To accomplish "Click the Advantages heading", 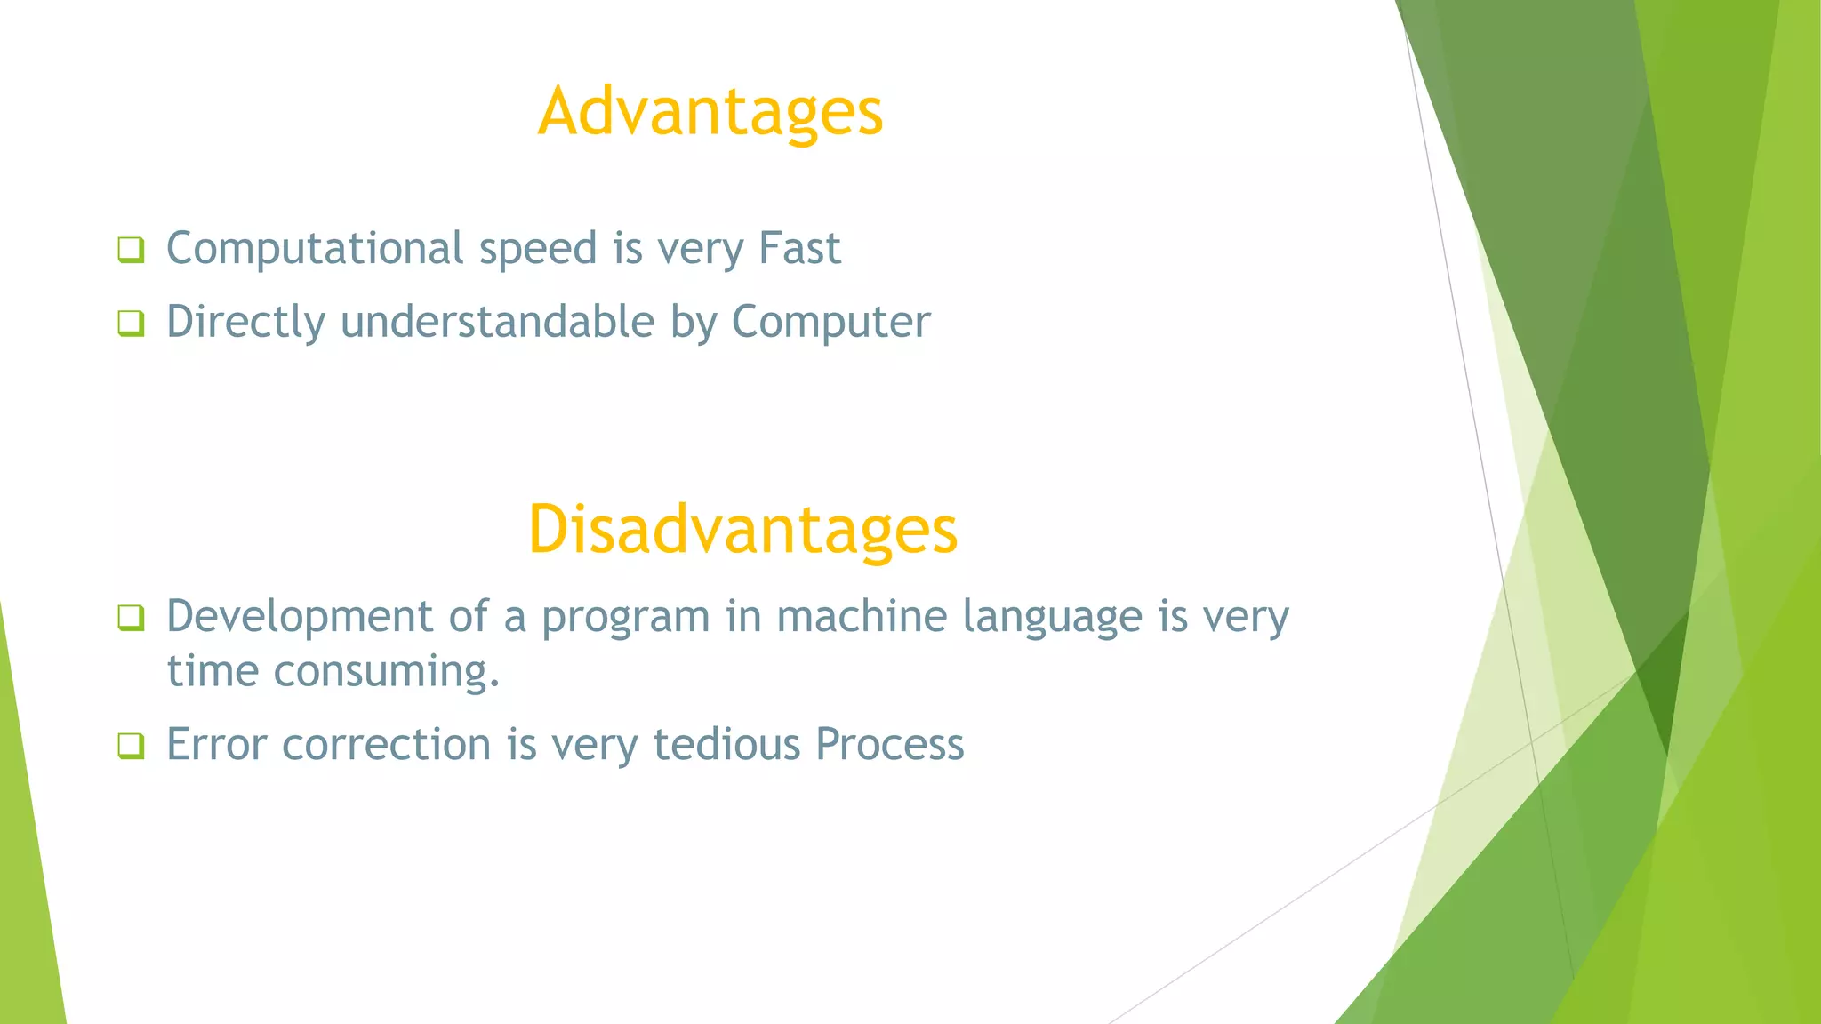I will [710, 112].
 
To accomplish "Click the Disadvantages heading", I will [742, 530].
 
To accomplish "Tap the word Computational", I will [315, 248].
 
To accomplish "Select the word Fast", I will [799, 248].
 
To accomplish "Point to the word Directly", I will [245, 323].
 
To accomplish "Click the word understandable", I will [498, 322].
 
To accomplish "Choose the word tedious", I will [726, 744].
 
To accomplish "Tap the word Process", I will [889, 744].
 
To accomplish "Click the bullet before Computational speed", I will [131, 250].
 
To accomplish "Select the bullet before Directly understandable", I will [131, 324].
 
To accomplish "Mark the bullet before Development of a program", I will [131, 618].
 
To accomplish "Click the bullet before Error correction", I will [131, 746].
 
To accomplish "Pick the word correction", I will [386, 744].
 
